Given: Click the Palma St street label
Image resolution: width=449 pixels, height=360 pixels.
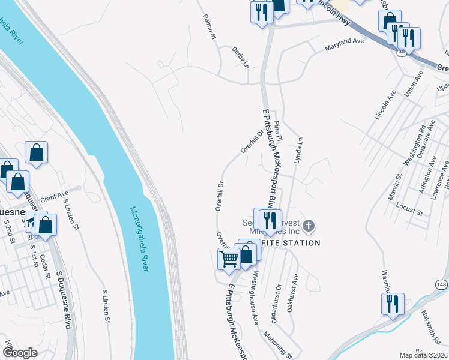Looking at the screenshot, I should click(x=209, y=28).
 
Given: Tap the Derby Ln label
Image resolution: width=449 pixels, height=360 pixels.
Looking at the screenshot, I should click(x=241, y=59).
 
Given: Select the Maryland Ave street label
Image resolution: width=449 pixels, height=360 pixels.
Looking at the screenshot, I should click(x=345, y=44).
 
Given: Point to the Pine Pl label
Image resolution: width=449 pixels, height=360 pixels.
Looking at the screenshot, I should click(x=277, y=130).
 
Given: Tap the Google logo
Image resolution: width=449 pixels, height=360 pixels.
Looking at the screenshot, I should click(x=20, y=353).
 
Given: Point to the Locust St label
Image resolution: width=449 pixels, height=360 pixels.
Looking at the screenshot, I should click(x=410, y=209).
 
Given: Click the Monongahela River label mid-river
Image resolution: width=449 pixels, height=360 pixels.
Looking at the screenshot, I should click(x=139, y=239).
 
